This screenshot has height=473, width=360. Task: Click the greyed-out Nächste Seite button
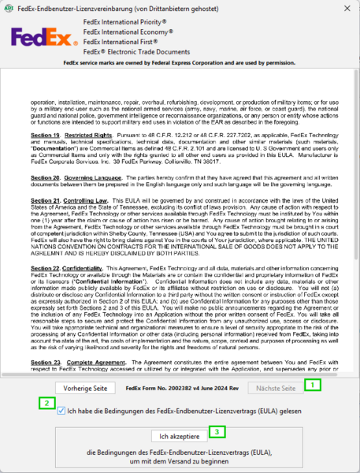click(273, 389)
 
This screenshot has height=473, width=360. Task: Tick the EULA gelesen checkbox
click(61, 411)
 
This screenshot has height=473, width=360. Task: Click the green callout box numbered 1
click(313, 385)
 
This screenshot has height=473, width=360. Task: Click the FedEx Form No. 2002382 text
click(182, 389)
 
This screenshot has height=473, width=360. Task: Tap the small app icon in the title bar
click(8, 7)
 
